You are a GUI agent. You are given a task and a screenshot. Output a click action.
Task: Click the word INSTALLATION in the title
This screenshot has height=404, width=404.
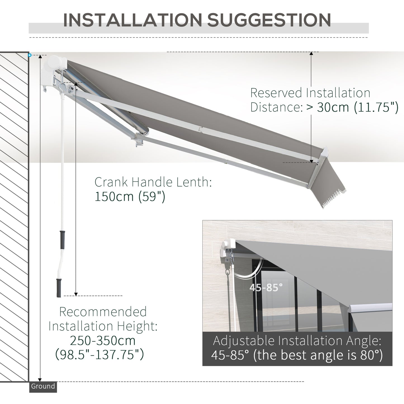132,20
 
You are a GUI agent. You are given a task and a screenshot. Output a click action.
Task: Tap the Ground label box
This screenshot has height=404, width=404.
43,387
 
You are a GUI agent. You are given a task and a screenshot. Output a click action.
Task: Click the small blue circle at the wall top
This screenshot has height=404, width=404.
30,55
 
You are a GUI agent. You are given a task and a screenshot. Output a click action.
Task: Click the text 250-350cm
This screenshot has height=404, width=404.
103,341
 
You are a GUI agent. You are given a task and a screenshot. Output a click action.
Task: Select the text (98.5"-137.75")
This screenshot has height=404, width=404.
100,355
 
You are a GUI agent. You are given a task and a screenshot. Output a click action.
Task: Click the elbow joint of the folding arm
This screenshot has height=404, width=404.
139,139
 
